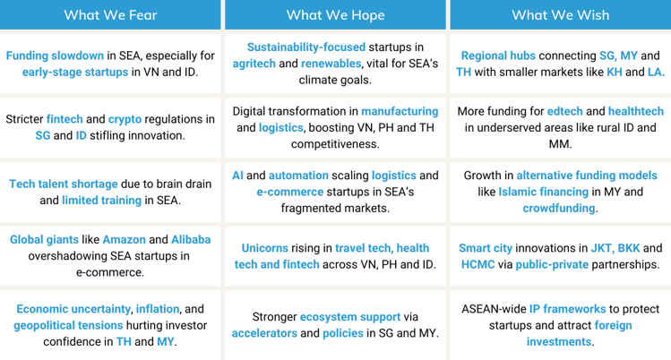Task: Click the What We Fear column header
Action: [x=110, y=15]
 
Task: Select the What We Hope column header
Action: [x=335, y=15]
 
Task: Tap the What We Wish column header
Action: [x=561, y=15]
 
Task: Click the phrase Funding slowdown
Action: [x=55, y=56]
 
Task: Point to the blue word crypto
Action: [x=125, y=119]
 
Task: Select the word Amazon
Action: [x=125, y=239]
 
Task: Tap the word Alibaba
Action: [x=191, y=239]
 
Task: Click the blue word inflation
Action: [x=158, y=309]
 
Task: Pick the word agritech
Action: [x=254, y=64]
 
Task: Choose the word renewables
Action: [x=331, y=64]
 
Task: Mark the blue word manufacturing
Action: [x=400, y=112]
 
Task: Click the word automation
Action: [x=298, y=176]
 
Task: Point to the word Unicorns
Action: [x=265, y=248]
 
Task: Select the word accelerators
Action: [x=264, y=333]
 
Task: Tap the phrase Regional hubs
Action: [x=498, y=56]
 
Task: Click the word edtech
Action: [x=565, y=111]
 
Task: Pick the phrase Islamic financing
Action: [x=544, y=192]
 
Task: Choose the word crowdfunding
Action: [x=559, y=209]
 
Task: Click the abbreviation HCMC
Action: [x=477, y=264]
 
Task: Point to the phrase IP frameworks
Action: [x=567, y=309]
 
